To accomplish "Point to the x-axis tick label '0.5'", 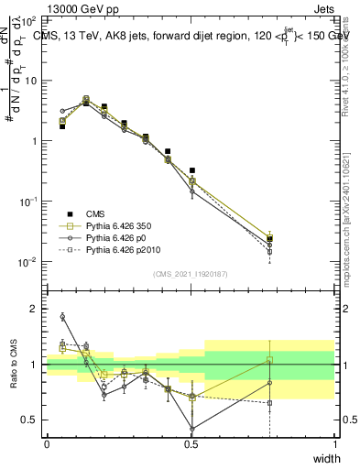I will tap(191, 444).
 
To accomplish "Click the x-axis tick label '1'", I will tap(334, 444).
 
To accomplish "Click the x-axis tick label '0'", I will tap(47, 444).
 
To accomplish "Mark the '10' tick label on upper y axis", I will tap(33, 81).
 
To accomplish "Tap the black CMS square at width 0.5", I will tap(191, 170).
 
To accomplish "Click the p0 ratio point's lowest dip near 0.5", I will tap(191, 429).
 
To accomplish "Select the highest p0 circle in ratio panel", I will tap(62, 317).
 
